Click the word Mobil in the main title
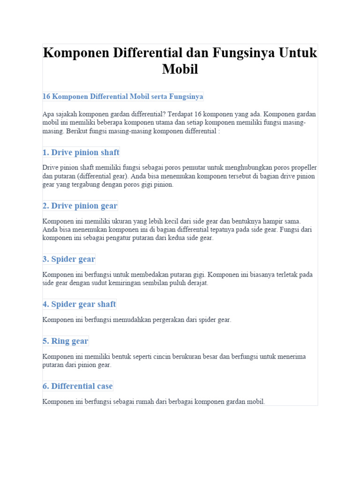180,69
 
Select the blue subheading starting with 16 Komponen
123,97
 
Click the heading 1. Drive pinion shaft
81,152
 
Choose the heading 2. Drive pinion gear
80,206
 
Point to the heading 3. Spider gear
69,259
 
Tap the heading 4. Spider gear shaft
79,304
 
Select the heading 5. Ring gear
65,341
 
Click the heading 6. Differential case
77,386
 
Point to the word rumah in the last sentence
140,402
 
